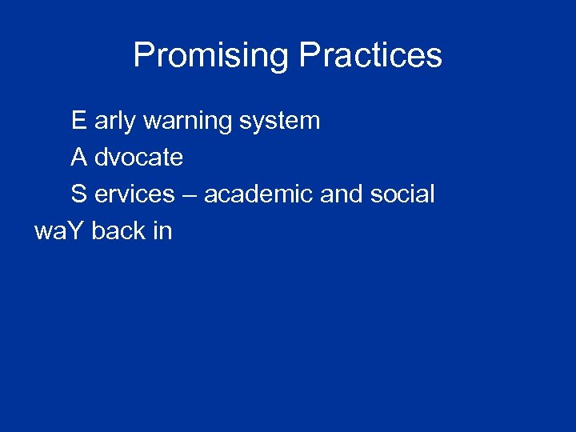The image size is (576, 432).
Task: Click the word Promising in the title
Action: coord(212,56)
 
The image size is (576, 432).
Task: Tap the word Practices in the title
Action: coord(370,56)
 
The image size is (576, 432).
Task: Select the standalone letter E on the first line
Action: coord(78,121)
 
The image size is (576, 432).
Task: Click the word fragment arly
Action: coord(114,122)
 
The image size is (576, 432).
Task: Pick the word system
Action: coord(278,122)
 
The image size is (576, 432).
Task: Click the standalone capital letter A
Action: coord(78,158)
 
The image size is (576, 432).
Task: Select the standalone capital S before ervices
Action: coord(78,194)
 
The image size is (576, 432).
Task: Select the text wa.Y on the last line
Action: coord(60,231)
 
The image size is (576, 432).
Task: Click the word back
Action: coord(118,230)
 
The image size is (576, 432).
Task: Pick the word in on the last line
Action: coord(162,230)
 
